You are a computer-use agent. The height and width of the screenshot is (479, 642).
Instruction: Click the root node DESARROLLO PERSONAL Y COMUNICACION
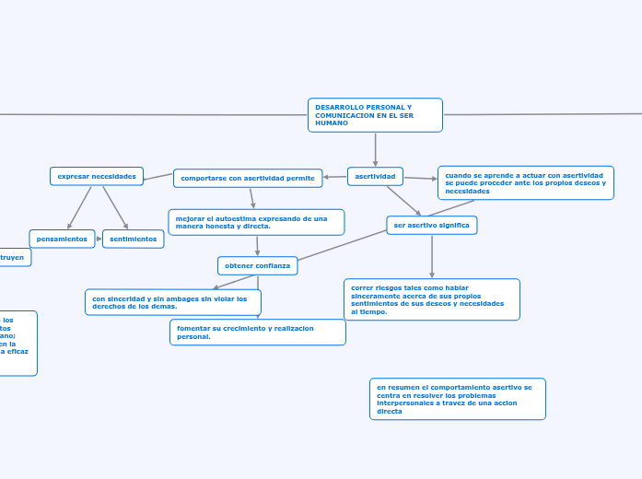pyautogui.click(x=375, y=115)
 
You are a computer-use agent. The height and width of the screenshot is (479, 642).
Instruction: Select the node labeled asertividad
pyautogui.click(x=375, y=176)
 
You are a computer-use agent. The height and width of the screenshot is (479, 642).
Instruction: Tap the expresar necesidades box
pyautogui.click(x=97, y=176)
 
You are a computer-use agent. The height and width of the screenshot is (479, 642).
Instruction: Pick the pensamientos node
pyautogui.click(x=62, y=239)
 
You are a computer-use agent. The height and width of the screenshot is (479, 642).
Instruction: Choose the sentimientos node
pyautogui.click(x=133, y=239)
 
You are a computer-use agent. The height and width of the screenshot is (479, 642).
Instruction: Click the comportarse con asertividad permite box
pyautogui.click(x=248, y=178)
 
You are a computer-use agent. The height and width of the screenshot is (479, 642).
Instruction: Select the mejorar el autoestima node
pyautogui.click(x=256, y=222)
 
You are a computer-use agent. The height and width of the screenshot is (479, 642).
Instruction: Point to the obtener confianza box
pyautogui.click(x=257, y=265)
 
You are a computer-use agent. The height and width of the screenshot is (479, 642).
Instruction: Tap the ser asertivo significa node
pyautogui.click(x=431, y=225)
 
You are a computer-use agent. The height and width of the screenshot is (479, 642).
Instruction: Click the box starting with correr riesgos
pyautogui.click(x=431, y=299)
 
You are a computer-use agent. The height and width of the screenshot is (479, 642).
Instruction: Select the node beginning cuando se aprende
pyautogui.click(x=525, y=182)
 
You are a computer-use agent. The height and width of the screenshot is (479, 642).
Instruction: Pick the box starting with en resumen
pyautogui.click(x=457, y=399)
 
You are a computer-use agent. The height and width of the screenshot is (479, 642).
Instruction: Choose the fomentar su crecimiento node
pyautogui.click(x=257, y=332)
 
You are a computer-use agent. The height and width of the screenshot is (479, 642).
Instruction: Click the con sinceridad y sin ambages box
pyautogui.click(x=172, y=302)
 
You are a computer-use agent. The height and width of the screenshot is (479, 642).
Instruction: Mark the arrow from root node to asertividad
pyautogui.click(x=375, y=149)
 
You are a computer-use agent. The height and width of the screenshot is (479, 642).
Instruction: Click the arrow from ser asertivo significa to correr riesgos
pyautogui.click(x=431, y=256)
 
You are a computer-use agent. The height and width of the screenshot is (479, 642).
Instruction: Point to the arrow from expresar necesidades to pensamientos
pyautogui.click(x=79, y=207)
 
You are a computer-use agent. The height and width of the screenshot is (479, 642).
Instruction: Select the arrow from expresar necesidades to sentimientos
pyautogui.click(x=115, y=207)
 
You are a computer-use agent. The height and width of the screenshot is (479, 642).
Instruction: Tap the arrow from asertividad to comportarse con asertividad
pyautogui.click(x=335, y=177)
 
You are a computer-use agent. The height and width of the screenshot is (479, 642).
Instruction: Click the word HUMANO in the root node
pyautogui.click(x=325, y=123)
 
